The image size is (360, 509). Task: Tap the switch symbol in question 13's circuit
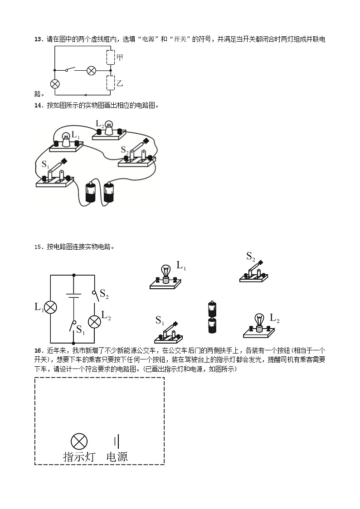70,70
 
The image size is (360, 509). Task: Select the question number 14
38,105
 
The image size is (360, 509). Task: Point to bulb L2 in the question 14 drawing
109,129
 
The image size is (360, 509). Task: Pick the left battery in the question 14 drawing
91,192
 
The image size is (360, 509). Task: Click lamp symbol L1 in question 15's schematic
51,307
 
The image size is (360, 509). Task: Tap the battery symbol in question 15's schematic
73,296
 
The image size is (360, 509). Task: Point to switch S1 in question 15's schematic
73,325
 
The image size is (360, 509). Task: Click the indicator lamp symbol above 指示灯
79,441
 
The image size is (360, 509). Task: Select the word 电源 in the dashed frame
117,456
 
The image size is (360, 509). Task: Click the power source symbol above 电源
117,441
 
